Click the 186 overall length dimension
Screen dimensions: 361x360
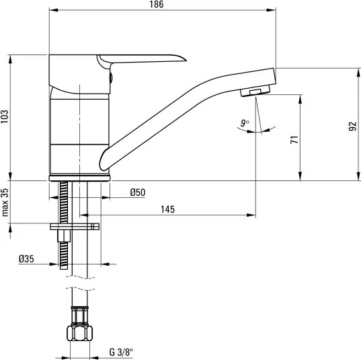[157, 5]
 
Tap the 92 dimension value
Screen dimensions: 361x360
[352, 127]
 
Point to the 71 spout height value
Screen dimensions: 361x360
[294, 140]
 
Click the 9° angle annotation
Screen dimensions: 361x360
[245, 123]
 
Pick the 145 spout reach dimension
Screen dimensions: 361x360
[167, 209]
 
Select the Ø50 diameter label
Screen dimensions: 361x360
[138, 192]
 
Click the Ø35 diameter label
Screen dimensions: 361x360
[26, 259]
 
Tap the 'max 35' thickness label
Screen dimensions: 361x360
[5, 203]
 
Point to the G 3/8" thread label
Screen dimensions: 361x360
[121, 352]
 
